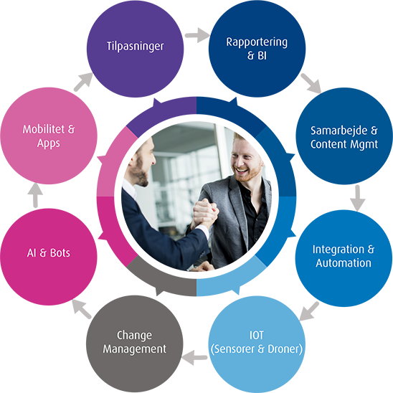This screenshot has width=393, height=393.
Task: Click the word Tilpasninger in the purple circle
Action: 135,47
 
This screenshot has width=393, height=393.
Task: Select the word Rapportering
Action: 257,42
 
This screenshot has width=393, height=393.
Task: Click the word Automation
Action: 344,263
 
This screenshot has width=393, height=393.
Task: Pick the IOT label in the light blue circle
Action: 257,335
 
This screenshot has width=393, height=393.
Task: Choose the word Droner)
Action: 285,349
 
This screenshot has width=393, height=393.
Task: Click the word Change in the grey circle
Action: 134,336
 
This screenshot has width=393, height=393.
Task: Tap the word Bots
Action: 60,253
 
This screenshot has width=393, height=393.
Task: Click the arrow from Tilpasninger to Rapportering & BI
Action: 197,35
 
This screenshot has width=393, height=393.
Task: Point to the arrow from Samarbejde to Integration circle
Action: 357,198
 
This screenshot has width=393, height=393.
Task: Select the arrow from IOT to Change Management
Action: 194,357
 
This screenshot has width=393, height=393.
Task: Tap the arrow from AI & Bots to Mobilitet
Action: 35,195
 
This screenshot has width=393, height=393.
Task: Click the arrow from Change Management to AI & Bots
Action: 82,309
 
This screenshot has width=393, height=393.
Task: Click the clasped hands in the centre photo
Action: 206,213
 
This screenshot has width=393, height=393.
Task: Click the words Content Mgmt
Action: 344,144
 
